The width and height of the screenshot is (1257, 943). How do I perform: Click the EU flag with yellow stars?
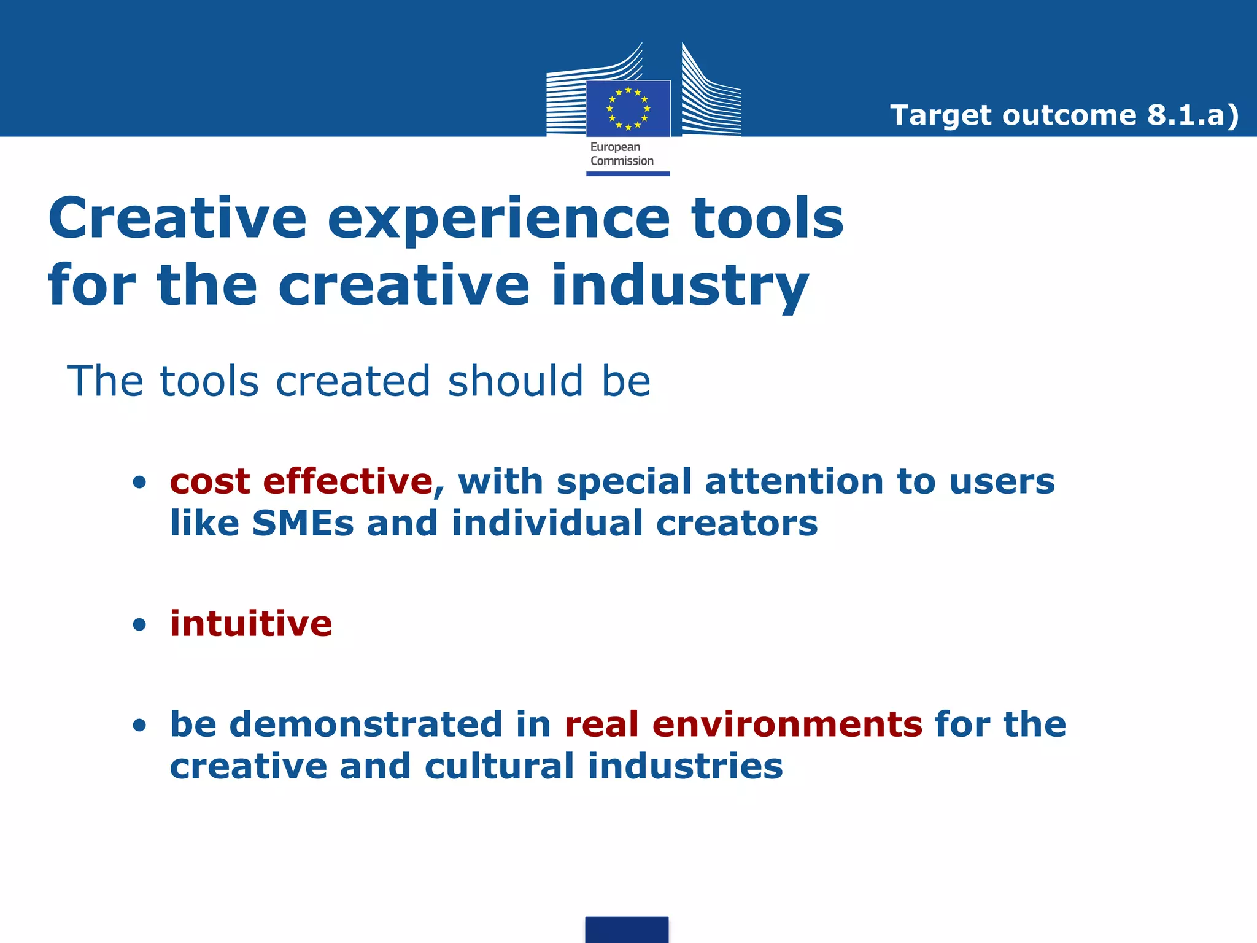[x=628, y=109]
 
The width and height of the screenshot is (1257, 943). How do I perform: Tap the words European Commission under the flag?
[x=621, y=154]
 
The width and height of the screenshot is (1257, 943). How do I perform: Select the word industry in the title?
[x=679, y=285]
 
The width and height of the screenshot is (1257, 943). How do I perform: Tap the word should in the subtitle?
[x=515, y=381]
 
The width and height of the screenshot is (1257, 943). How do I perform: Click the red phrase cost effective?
[x=301, y=481]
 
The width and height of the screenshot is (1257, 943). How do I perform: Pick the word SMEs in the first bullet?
[x=303, y=523]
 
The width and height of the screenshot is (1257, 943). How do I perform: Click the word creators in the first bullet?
[x=737, y=523]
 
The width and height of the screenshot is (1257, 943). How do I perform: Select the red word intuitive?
[x=251, y=624]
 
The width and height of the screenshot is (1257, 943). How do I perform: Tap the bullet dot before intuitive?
[x=140, y=626]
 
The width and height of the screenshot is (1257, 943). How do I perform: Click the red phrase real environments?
[x=743, y=724]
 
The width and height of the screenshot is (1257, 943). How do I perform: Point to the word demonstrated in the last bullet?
[x=366, y=724]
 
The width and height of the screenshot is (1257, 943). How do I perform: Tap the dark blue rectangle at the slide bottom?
[x=627, y=929]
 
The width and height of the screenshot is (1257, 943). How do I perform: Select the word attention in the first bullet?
[x=794, y=481]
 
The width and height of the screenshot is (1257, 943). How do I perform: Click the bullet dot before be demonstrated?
[x=140, y=726]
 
